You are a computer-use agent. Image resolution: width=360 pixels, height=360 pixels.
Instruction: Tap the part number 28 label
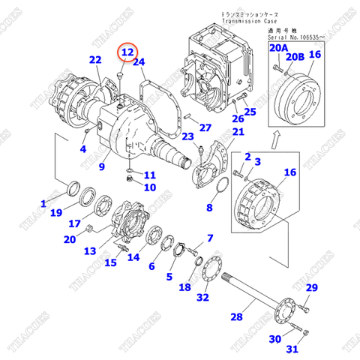click(237, 317)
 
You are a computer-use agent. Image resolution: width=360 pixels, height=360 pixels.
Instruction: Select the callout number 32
click(202, 298)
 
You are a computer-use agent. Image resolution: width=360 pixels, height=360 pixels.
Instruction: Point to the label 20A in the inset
click(278, 47)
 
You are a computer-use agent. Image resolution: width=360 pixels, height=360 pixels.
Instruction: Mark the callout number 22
click(95, 61)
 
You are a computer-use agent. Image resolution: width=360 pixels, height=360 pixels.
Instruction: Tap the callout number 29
click(312, 289)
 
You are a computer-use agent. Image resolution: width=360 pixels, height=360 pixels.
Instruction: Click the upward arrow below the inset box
click(277, 137)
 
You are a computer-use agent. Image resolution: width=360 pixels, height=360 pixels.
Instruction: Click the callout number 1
click(43, 203)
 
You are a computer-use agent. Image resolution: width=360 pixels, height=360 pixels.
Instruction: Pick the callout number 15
click(111, 262)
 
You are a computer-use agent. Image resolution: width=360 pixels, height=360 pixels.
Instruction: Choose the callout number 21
click(237, 133)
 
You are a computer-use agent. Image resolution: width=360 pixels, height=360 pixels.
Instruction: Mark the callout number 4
click(84, 148)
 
